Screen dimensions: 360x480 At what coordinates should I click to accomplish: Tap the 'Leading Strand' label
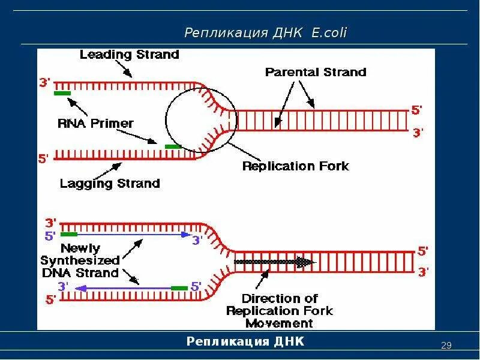[x=129, y=55]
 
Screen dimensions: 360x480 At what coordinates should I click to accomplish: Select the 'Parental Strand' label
[x=315, y=72]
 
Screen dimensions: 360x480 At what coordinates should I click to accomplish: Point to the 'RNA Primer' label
[x=95, y=123]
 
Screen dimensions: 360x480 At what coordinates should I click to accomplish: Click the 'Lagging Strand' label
[x=110, y=183]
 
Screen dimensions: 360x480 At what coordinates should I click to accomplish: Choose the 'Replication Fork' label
[x=295, y=166]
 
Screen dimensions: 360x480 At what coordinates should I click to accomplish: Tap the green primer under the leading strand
[x=62, y=93]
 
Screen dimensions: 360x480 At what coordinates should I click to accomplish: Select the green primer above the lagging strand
[x=173, y=146]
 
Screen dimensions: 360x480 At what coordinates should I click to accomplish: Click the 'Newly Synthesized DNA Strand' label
[x=80, y=260]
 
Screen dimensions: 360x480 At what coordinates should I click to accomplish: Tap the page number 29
[x=446, y=345]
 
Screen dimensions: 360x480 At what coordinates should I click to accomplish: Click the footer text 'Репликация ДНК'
[x=245, y=341]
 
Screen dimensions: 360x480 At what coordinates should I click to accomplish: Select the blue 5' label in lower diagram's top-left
[x=50, y=236]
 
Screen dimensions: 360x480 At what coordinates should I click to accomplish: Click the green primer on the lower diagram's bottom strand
[x=179, y=288]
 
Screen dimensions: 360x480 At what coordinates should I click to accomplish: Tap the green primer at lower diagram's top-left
[x=68, y=234]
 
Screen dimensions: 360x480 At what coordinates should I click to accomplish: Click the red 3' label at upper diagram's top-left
[x=45, y=83]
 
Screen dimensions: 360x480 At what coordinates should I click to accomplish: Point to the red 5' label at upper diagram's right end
[x=416, y=110]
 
